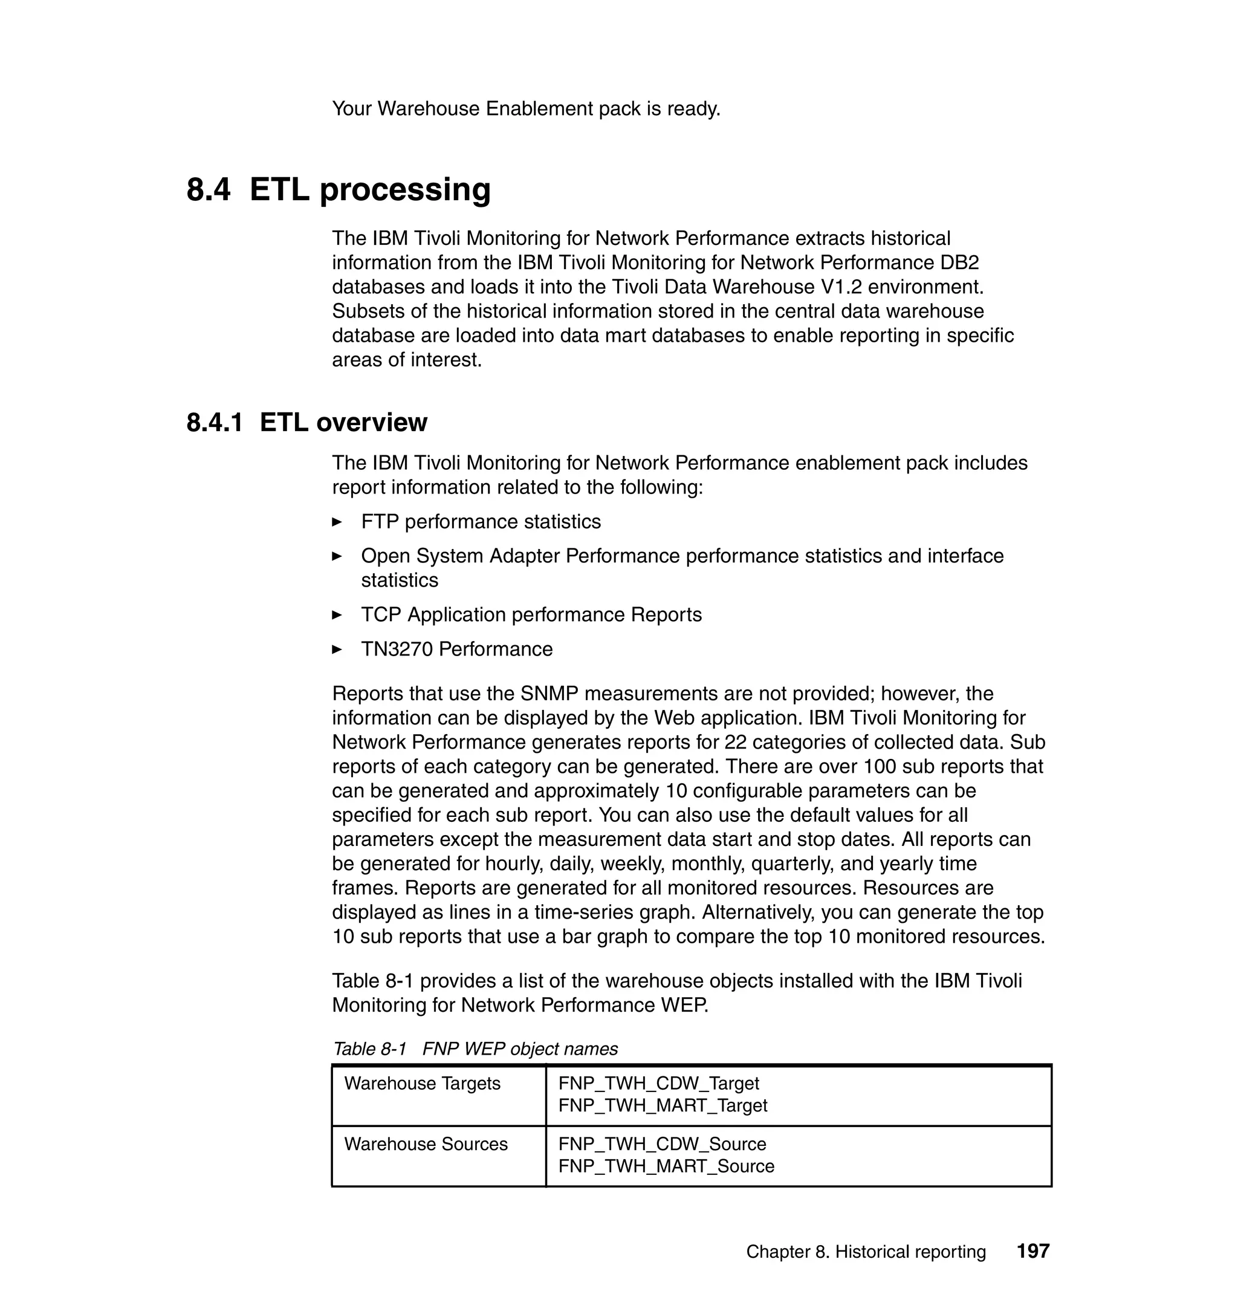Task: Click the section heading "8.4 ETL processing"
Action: point(339,189)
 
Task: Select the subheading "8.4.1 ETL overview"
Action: point(307,423)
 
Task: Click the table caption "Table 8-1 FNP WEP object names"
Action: point(475,1049)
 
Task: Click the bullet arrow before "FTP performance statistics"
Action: point(337,522)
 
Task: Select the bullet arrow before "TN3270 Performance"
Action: point(337,649)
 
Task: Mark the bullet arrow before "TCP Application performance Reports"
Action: point(337,615)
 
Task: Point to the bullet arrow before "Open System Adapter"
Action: point(337,556)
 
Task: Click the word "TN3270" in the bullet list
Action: point(397,649)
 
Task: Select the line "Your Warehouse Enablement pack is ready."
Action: point(526,109)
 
